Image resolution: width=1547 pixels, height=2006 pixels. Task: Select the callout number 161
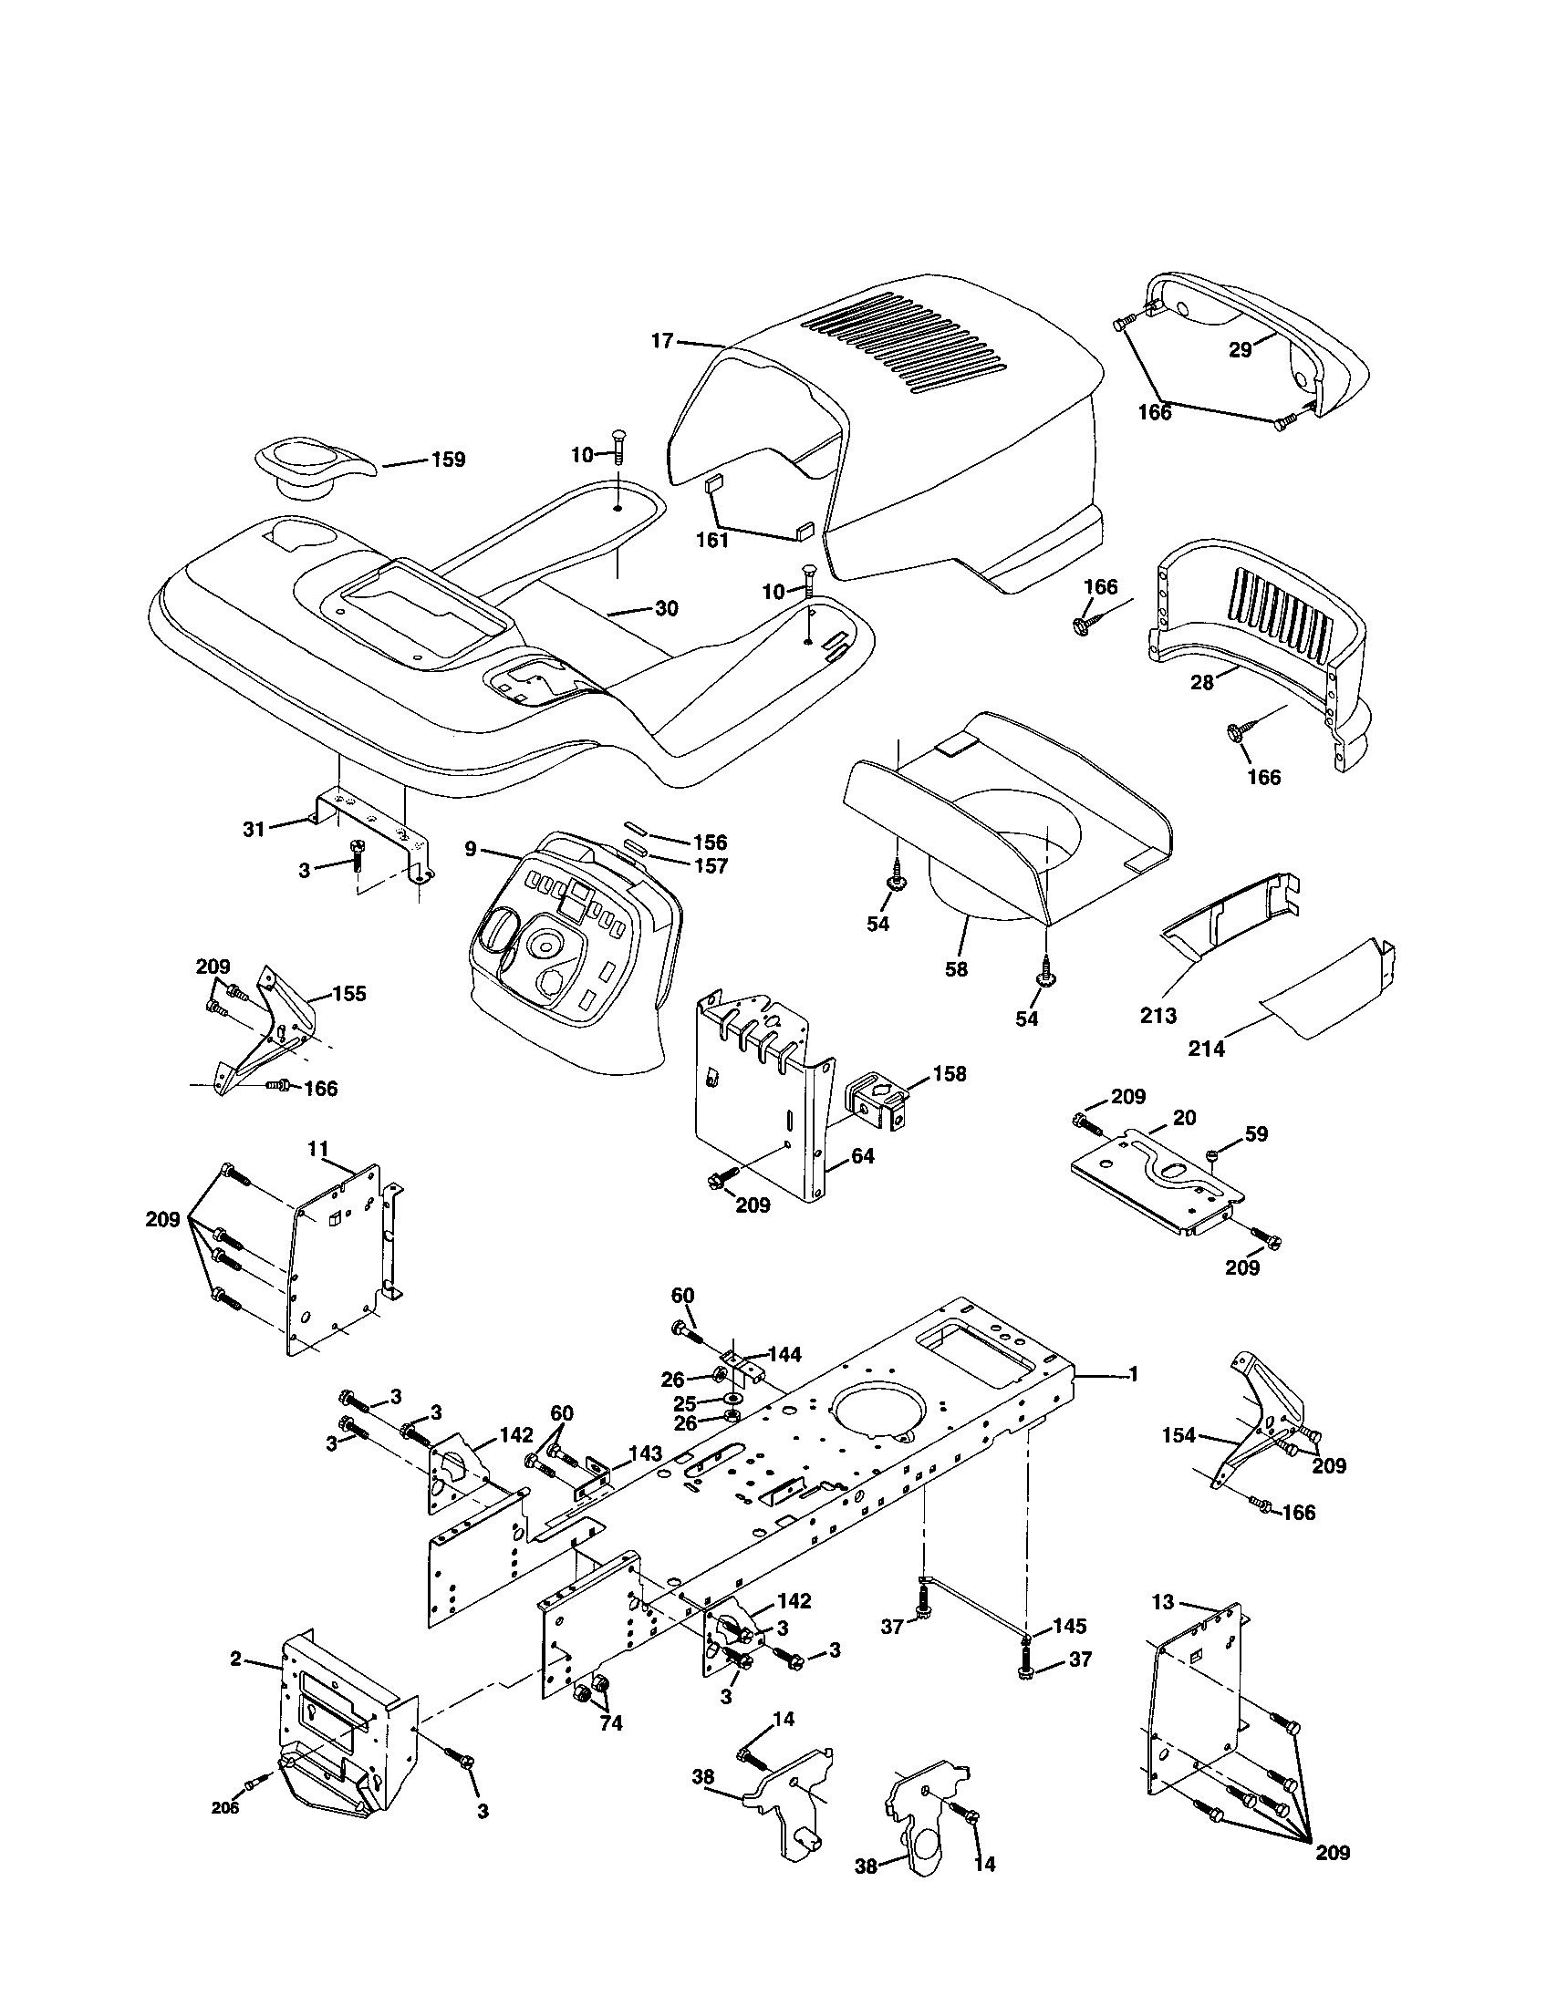[x=712, y=540]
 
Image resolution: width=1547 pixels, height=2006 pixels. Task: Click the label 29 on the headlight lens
[x=1241, y=350]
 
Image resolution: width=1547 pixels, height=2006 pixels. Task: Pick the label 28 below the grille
[x=1201, y=682]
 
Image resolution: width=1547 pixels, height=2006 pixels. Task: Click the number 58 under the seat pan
[x=956, y=968]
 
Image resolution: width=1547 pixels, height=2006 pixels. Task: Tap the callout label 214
[x=1206, y=1049]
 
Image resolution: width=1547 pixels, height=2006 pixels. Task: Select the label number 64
[x=862, y=1155]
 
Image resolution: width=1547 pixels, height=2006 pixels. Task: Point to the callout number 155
[x=349, y=993]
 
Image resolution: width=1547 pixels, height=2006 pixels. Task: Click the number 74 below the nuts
[x=610, y=1724]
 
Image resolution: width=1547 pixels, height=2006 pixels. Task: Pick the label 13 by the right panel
[x=1163, y=1602]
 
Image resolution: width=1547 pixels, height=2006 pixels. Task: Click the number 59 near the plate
[x=1257, y=1133]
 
